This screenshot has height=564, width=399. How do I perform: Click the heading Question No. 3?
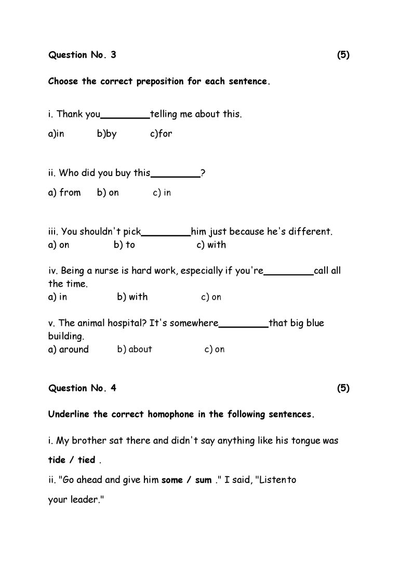click(82, 55)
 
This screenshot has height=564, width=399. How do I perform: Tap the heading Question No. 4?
click(82, 388)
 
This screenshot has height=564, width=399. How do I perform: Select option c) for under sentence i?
click(161, 133)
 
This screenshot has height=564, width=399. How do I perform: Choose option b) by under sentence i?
click(107, 133)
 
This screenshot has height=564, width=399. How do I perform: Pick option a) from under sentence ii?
click(64, 193)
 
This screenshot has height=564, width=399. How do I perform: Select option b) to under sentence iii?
click(124, 245)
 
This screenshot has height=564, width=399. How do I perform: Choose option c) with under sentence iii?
click(211, 245)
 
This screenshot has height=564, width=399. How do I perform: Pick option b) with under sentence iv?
click(132, 297)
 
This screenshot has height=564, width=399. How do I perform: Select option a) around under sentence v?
click(69, 350)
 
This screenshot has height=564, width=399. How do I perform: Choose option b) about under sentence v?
click(135, 350)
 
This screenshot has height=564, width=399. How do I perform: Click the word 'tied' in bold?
click(86, 460)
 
